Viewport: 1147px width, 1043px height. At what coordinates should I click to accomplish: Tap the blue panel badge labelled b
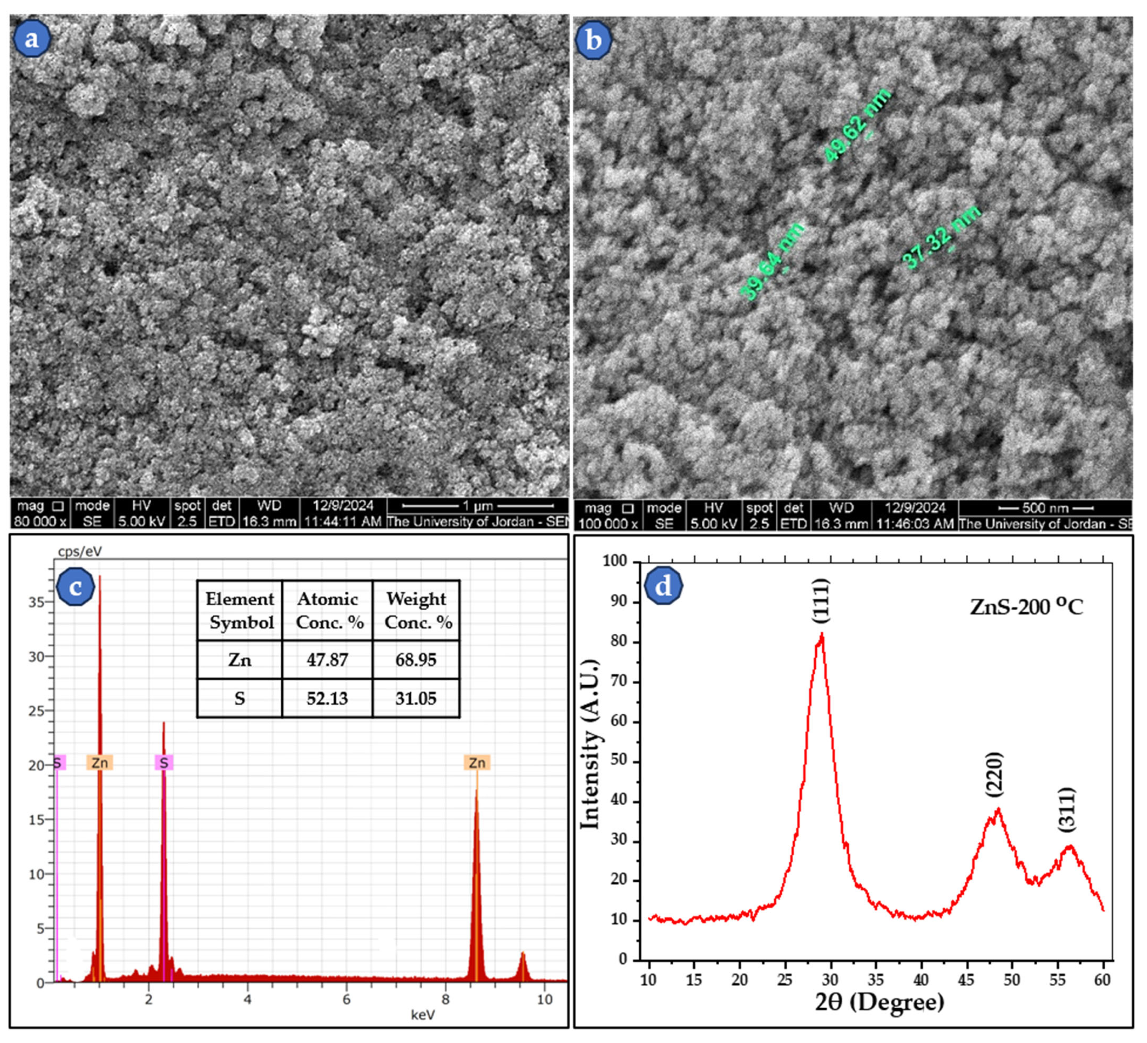click(594, 41)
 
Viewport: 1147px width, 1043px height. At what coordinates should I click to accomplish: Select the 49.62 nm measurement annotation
click(857, 126)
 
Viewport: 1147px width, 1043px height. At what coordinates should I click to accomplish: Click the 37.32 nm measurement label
click(942, 237)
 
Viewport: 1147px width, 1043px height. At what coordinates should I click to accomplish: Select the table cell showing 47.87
click(327, 660)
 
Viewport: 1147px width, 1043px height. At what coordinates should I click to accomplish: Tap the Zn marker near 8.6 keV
click(477, 763)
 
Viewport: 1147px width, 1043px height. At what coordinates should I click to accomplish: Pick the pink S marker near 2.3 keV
click(164, 763)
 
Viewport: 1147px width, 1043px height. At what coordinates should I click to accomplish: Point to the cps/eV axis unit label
click(80, 551)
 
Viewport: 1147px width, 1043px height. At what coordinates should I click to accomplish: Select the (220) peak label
click(995, 774)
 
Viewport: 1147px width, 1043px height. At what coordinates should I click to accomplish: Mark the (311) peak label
click(1067, 810)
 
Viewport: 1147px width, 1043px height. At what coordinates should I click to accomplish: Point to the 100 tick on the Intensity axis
click(614, 562)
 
